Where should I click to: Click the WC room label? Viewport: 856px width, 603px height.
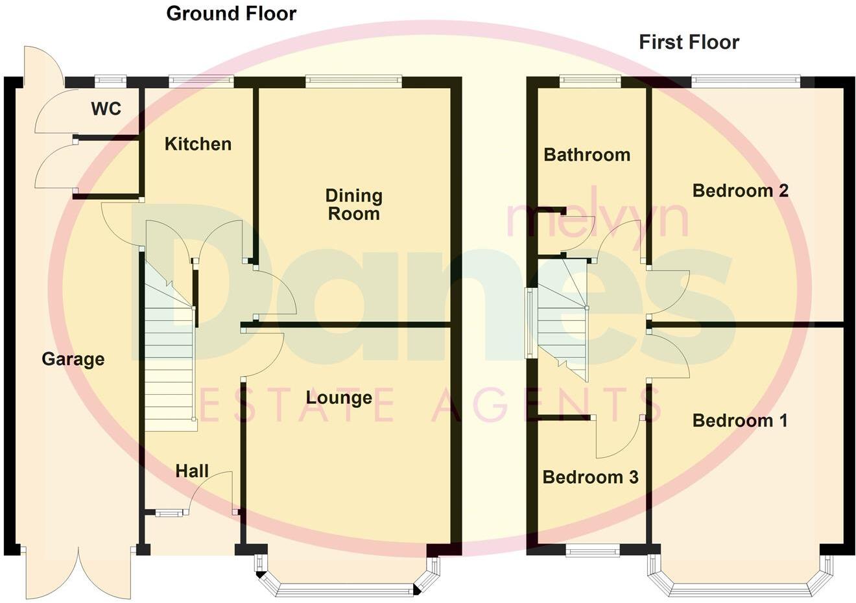pyautogui.click(x=106, y=108)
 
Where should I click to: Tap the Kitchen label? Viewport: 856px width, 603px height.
pyautogui.click(x=198, y=144)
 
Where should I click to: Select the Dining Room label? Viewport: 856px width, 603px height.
pyautogui.click(x=353, y=204)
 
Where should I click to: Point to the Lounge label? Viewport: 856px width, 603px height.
pyautogui.click(x=339, y=397)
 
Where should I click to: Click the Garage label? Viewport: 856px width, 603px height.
pyautogui.click(x=73, y=359)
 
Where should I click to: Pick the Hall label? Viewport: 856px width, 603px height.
pyautogui.click(x=192, y=471)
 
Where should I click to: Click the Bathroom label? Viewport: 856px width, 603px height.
pyautogui.click(x=587, y=155)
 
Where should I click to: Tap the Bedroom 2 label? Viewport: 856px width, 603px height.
pyautogui.click(x=740, y=191)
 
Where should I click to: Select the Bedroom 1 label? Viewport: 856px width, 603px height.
pyautogui.click(x=740, y=421)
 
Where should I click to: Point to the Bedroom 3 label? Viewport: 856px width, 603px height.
pyautogui.click(x=590, y=478)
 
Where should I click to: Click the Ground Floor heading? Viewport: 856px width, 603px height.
pyautogui.click(x=232, y=14)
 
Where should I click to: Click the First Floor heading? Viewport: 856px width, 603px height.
pyautogui.click(x=689, y=43)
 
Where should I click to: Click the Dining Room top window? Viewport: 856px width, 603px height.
pyautogui.click(x=353, y=81)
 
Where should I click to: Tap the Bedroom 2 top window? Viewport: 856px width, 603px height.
pyautogui.click(x=745, y=81)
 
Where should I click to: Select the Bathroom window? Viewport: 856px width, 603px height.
pyautogui.click(x=589, y=81)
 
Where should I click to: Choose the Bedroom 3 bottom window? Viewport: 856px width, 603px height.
pyautogui.click(x=592, y=550)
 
